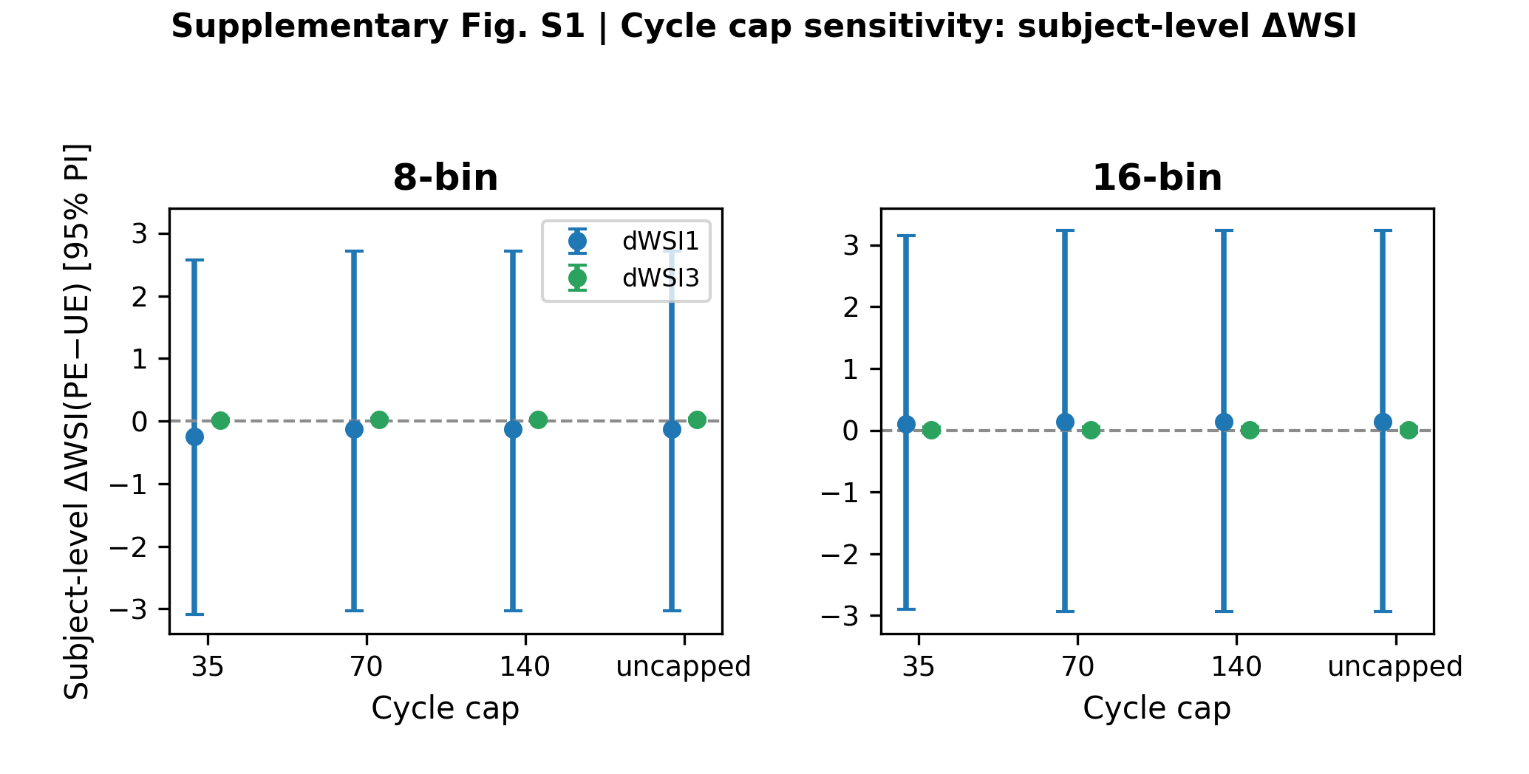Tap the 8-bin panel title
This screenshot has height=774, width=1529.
(x=446, y=178)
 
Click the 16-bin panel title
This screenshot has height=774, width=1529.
(x=1157, y=178)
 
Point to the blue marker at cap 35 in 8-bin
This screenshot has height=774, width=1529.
(x=194, y=436)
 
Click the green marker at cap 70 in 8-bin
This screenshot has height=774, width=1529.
(x=379, y=420)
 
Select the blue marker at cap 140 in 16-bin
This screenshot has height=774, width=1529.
(x=1224, y=422)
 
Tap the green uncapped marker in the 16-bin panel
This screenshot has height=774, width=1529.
(x=1409, y=430)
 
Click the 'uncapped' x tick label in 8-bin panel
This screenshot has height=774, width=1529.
(x=684, y=668)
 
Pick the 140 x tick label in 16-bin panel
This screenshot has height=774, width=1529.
(x=1236, y=668)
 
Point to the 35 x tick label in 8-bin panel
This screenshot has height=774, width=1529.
(x=207, y=668)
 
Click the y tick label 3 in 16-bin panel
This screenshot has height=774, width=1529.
(x=851, y=246)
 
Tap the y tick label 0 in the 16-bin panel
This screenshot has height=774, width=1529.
(x=851, y=431)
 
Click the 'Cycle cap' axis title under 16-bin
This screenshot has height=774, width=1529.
(x=1157, y=709)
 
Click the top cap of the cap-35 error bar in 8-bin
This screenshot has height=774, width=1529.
(x=194, y=260)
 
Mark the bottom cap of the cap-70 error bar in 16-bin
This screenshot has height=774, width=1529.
(x=1065, y=612)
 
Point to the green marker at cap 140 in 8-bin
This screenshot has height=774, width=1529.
(x=538, y=419)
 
